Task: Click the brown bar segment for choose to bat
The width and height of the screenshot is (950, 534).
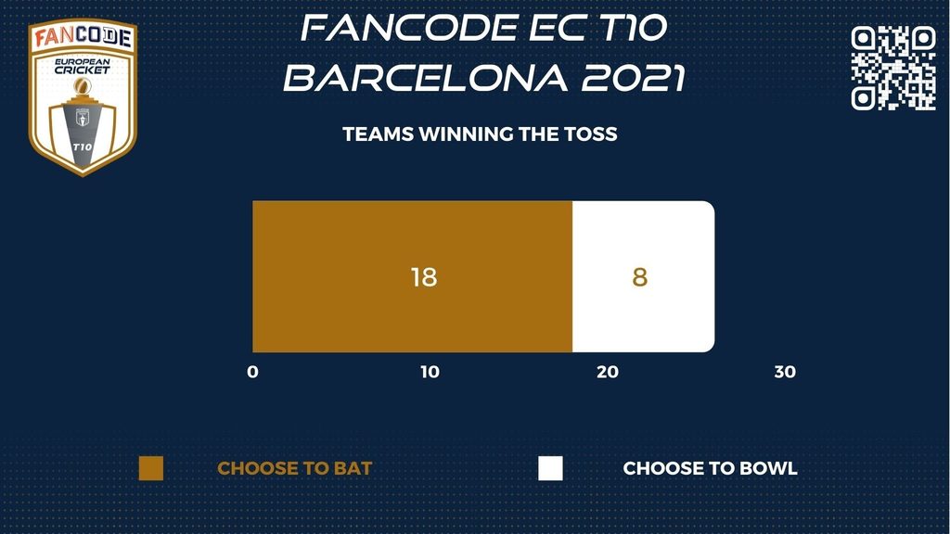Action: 413,276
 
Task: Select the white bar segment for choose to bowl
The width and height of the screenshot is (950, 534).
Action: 644,276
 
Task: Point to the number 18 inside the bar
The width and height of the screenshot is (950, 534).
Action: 423,277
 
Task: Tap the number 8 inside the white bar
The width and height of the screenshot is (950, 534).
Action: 640,277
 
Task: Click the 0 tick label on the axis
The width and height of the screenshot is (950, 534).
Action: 252,372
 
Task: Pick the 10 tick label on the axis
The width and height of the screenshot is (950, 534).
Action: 430,372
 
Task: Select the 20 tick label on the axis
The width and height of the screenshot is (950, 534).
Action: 608,372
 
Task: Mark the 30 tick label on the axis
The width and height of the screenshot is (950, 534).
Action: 785,372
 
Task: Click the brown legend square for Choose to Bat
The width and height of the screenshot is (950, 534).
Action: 151,468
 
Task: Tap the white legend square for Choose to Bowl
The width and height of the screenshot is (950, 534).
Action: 550,468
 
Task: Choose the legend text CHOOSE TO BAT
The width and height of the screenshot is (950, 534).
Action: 294,468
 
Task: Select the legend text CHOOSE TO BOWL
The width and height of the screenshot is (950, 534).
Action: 710,468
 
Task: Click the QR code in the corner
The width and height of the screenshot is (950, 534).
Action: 893,68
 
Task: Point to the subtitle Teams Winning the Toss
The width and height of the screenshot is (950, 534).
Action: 480,133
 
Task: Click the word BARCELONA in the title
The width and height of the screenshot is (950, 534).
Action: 426,78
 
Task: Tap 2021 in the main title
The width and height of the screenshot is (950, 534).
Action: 634,78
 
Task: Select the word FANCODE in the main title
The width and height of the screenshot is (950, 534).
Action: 409,28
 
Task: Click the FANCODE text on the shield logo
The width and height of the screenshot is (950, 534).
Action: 83,36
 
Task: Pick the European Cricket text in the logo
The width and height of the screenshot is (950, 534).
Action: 83,66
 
